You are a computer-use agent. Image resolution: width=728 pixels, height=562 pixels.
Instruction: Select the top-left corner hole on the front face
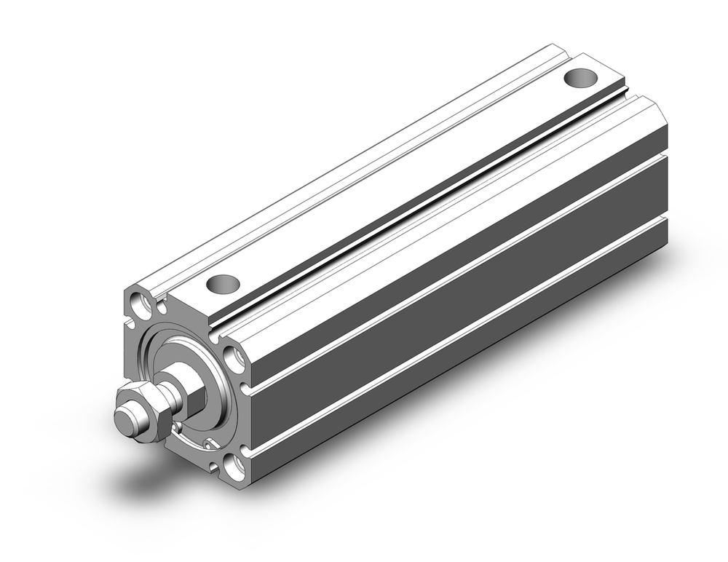click(x=137, y=299)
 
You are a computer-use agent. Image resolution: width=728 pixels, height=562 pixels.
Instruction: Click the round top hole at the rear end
click(x=580, y=76)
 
